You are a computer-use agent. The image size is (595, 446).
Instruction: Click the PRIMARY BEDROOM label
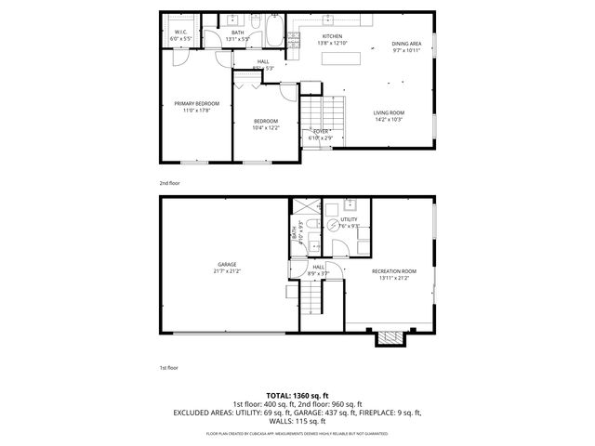click(x=196, y=103)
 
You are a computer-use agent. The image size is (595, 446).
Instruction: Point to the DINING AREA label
click(x=406, y=44)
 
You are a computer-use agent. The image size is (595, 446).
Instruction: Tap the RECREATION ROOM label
click(x=394, y=271)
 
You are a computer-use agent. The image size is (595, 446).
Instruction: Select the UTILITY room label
click(x=349, y=219)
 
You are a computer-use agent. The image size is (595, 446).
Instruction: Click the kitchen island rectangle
click(x=341, y=59)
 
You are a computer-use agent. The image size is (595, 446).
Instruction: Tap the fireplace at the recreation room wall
click(x=390, y=338)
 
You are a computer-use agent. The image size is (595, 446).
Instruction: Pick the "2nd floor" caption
click(x=169, y=183)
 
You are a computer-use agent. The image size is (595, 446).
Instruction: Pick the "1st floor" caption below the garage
click(x=169, y=368)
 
